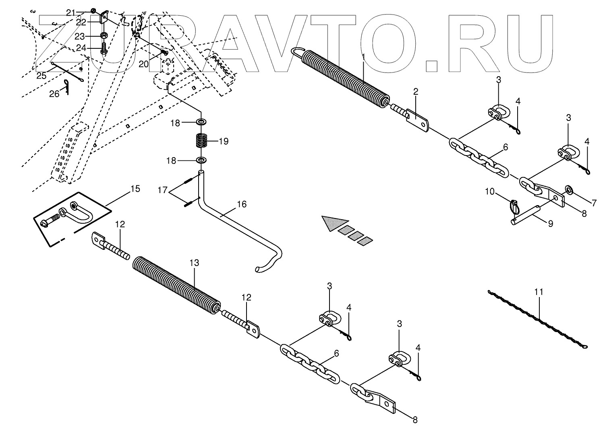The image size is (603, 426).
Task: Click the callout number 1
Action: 363,57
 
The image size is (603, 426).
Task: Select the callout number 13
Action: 194,263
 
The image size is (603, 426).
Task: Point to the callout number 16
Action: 241,204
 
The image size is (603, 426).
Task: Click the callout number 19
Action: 224,141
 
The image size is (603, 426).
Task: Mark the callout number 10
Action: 489,192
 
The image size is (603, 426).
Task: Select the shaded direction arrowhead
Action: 334,223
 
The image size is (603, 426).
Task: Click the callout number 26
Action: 54,94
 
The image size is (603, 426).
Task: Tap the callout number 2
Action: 415,92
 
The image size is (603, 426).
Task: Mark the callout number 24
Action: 81,48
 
